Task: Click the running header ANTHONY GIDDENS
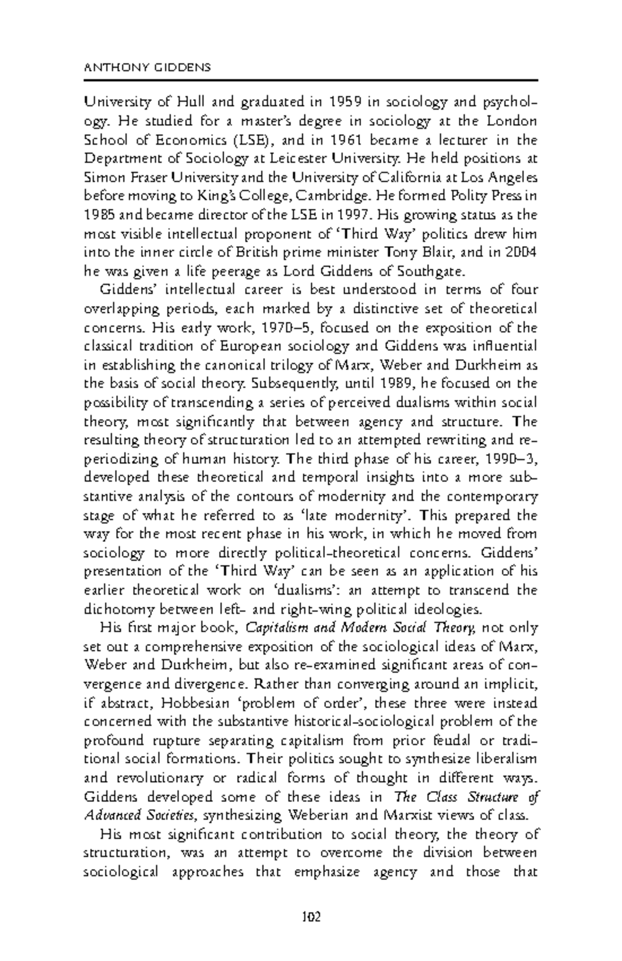tap(147, 67)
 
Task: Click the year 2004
tap(521, 252)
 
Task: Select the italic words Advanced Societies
tap(139, 815)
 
